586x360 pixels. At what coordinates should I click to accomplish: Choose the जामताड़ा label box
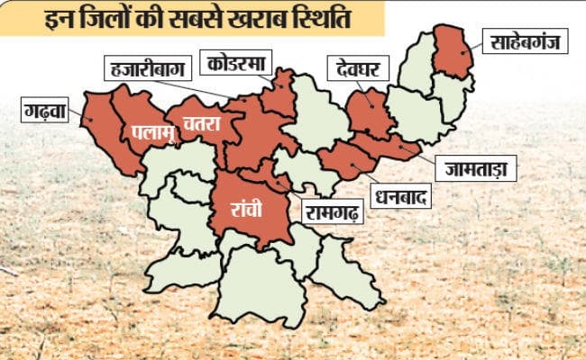click(x=475, y=166)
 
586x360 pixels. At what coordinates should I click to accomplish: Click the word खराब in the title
click(x=270, y=17)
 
